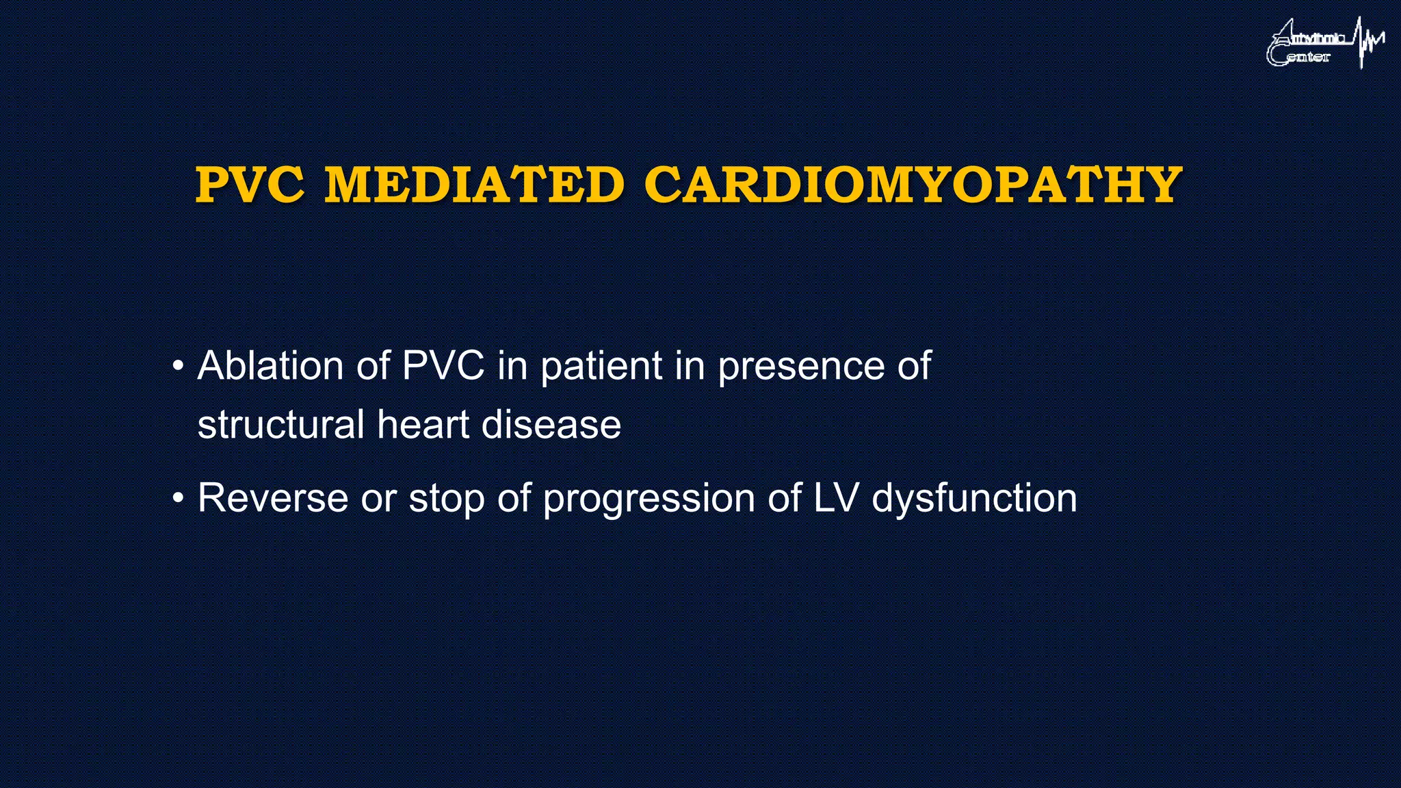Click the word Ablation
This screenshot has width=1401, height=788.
pyautogui.click(x=270, y=365)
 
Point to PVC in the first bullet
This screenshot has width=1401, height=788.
pyautogui.click(x=443, y=365)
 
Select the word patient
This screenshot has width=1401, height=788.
pyautogui.click(x=601, y=367)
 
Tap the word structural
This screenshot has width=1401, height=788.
pyautogui.click(x=280, y=424)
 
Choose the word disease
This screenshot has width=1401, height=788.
pyautogui.click(x=551, y=424)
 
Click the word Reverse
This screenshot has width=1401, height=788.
pyautogui.click(x=273, y=497)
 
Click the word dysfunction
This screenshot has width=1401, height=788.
pyautogui.click(x=974, y=499)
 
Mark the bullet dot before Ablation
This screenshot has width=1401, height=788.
pyautogui.click(x=178, y=366)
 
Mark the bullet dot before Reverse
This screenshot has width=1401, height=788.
pyautogui.click(x=178, y=498)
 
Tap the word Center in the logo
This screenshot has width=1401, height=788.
pyautogui.click(x=1300, y=57)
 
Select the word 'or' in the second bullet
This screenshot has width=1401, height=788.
pyautogui.click(x=378, y=499)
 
